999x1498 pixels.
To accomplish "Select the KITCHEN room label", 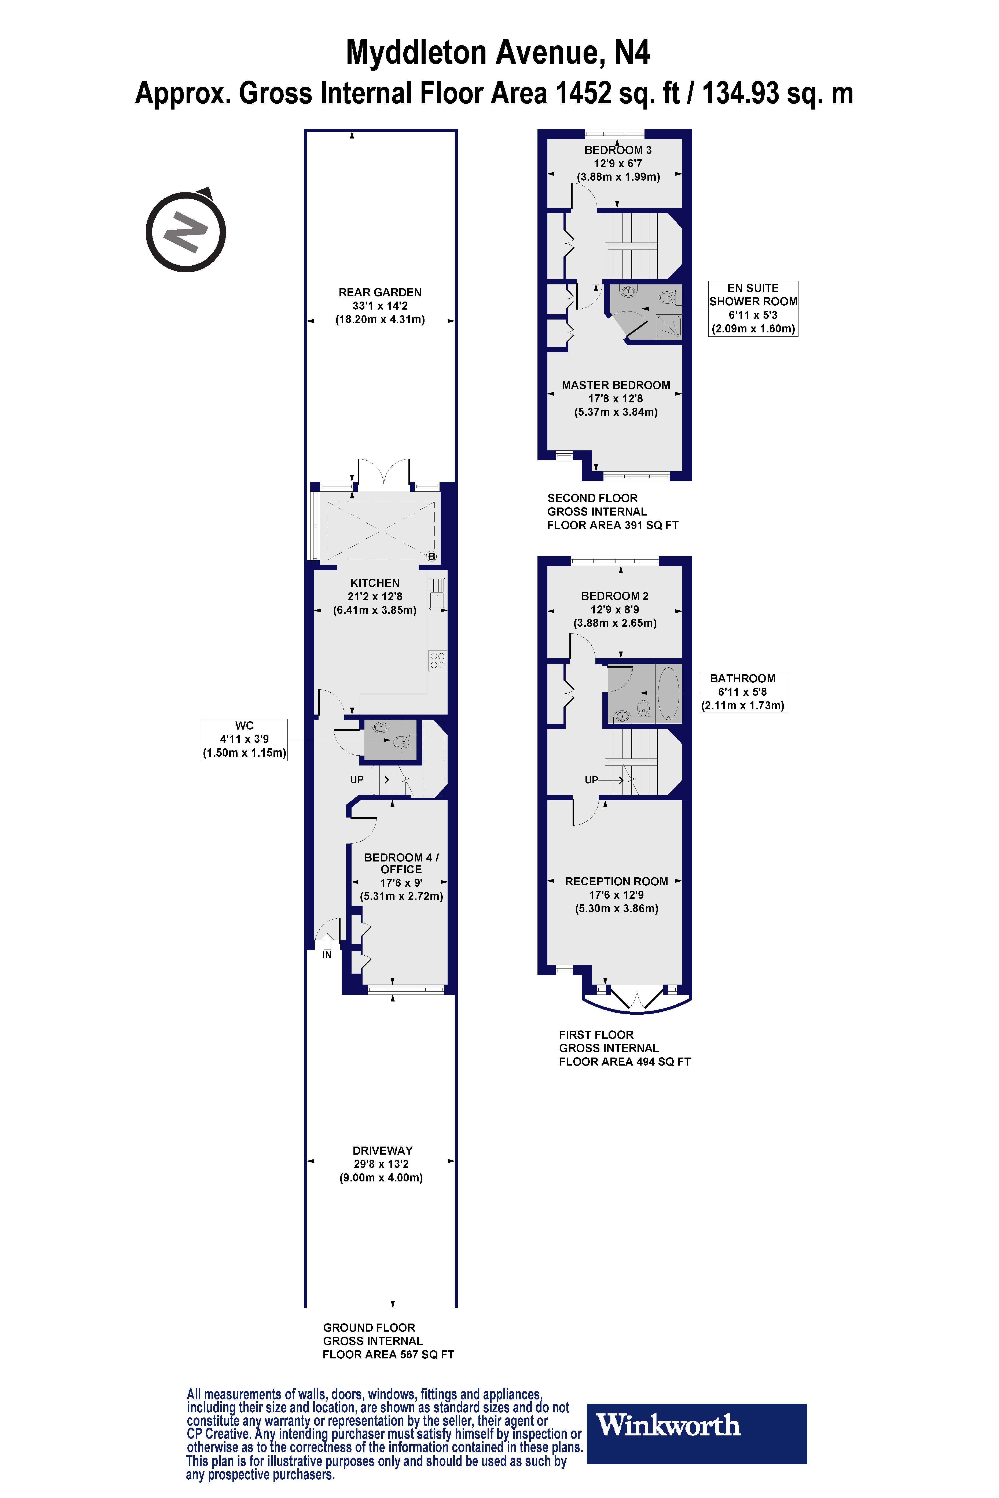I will click(375, 583).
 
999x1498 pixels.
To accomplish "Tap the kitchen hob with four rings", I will click(438, 660).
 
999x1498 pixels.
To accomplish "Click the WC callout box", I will click(244, 739).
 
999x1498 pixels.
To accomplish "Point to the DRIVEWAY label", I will click(382, 1150).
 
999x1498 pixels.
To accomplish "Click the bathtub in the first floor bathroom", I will click(668, 693).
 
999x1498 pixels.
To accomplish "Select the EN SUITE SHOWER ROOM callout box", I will click(753, 308).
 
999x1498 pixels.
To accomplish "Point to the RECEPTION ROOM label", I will click(616, 881).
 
